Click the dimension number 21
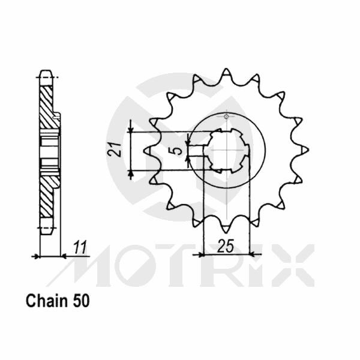tap(119, 149)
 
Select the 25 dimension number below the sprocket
tap(226, 246)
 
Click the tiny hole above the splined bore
tap(226, 116)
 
